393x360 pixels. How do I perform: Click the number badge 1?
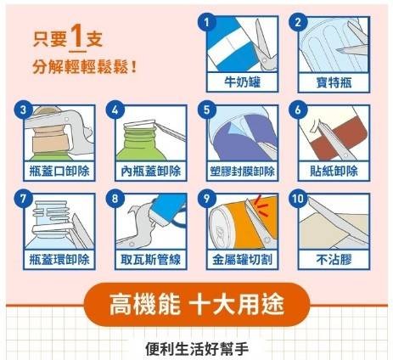207,22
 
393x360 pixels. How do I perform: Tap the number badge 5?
207,110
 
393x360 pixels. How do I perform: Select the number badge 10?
298,199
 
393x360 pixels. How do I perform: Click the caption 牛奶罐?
243,82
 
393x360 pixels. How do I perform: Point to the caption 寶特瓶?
334,82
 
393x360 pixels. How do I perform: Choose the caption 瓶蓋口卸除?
59,171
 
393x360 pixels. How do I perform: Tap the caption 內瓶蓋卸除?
151,171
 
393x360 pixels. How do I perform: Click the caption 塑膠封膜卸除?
243,172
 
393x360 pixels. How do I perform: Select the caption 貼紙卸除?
334,171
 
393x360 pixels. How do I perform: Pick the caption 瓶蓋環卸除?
59,259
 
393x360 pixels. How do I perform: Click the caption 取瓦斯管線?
151,259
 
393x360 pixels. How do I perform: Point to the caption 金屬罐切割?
243,259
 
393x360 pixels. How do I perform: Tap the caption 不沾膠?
334,259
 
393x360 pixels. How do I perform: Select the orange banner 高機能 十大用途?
197,304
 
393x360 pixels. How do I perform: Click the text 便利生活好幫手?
197,348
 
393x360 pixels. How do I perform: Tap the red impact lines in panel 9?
261,205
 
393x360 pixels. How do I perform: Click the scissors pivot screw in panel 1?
265,60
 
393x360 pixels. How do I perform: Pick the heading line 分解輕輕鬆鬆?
85,67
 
